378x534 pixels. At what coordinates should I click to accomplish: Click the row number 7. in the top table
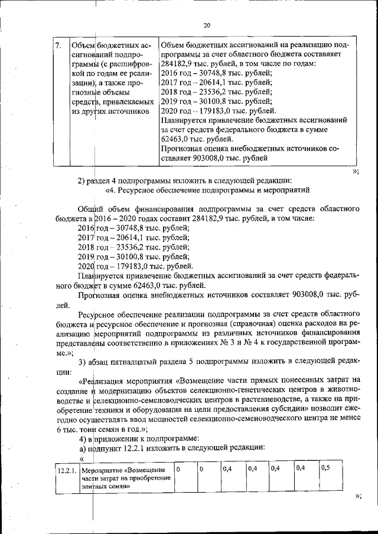(58, 45)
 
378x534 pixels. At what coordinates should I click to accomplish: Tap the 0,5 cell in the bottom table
(325, 469)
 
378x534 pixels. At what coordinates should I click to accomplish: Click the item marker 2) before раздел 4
(83, 181)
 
